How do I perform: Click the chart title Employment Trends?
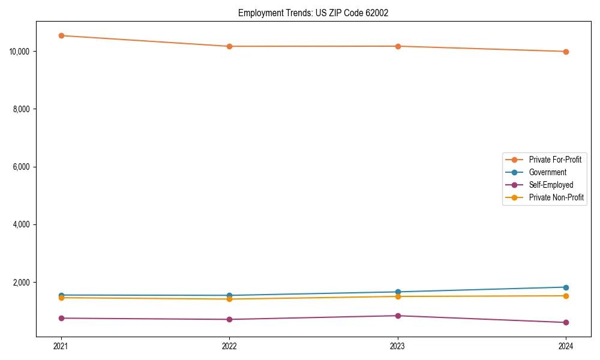(x=313, y=13)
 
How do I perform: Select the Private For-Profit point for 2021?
(x=61, y=35)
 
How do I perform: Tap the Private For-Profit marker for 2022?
(x=229, y=46)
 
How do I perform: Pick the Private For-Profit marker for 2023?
(x=398, y=46)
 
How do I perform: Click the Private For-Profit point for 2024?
(x=566, y=52)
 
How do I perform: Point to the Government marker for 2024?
(x=566, y=287)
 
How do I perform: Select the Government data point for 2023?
(x=398, y=292)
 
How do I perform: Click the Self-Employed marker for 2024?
(x=566, y=322)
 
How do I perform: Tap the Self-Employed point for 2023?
(x=398, y=316)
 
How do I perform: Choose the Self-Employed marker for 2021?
(x=61, y=318)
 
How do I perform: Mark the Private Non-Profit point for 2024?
(x=566, y=296)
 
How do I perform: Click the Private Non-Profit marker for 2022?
(x=229, y=299)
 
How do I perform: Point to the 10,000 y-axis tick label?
(x=20, y=52)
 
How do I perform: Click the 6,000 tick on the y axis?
(x=22, y=167)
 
